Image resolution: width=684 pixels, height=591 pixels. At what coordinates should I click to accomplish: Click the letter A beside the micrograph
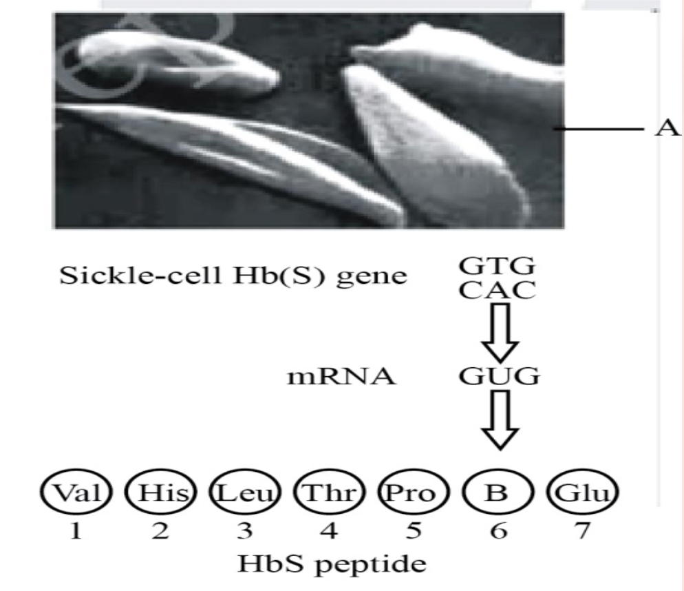coord(667,128)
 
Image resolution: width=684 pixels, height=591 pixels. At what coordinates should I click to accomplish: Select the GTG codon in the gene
coord(496,266)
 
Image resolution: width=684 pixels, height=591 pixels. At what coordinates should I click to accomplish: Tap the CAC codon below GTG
coord(497,290)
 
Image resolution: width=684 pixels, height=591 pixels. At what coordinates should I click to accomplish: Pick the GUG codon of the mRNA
coord(499,376)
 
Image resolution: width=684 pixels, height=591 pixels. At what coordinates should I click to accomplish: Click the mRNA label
coord(341,377)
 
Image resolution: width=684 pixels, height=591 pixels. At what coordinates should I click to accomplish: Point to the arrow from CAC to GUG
coord(500,333)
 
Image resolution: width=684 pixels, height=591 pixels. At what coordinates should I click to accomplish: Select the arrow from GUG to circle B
coord(500,419)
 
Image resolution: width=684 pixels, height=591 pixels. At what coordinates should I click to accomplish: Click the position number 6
coord(498,530)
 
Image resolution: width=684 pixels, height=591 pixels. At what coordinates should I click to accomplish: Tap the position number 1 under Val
coord(76,530)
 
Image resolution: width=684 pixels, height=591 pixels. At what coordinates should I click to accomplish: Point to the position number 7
coord(582,530)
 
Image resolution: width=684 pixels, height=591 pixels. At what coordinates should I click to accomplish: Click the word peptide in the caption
coord(370,564)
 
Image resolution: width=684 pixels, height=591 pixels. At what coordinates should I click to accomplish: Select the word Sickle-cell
coord(140,276)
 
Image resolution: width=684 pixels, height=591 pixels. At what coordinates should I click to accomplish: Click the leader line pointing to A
coord(599,128)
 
